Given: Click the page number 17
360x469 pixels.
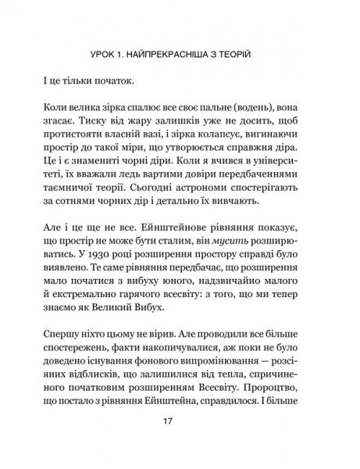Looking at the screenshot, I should pyautogui.click(x=180, y=443).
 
